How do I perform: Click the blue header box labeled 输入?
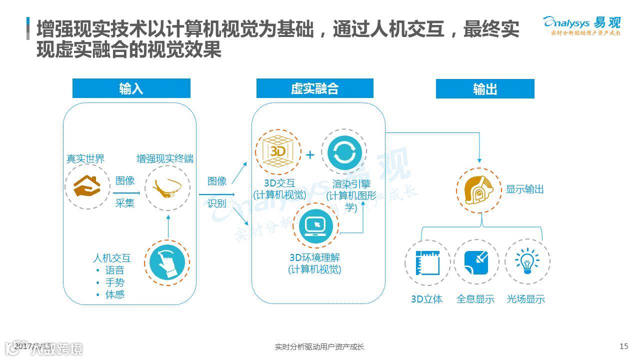(131, 88)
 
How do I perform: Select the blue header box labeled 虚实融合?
(314, 88)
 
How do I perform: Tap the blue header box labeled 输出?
(484, 89)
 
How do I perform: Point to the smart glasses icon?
(167, 188)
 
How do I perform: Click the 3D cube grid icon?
(278, 151)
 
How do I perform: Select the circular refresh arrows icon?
(343, 151)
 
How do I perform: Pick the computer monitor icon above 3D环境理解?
(316, 225)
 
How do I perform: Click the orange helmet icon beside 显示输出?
(478, 189)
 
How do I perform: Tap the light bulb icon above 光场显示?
(527, 262)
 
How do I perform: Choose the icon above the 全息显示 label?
(476, 262)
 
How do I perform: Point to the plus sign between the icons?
(310, 155)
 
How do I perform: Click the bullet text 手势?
(114, 282)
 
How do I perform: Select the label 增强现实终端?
(165, 159)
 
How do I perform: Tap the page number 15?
(623, 346)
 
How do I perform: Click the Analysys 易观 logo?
(582, 25)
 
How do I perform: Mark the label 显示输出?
(524, 189)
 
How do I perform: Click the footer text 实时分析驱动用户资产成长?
(319, 346)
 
